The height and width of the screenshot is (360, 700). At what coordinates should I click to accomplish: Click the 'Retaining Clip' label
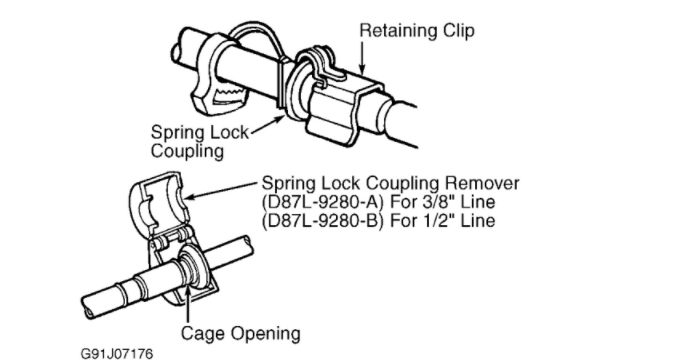click(x=416, y=31)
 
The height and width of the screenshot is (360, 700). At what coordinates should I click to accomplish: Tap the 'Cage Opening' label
click(x=240, y=332)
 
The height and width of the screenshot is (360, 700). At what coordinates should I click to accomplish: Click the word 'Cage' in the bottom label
click(x=201, y=332)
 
